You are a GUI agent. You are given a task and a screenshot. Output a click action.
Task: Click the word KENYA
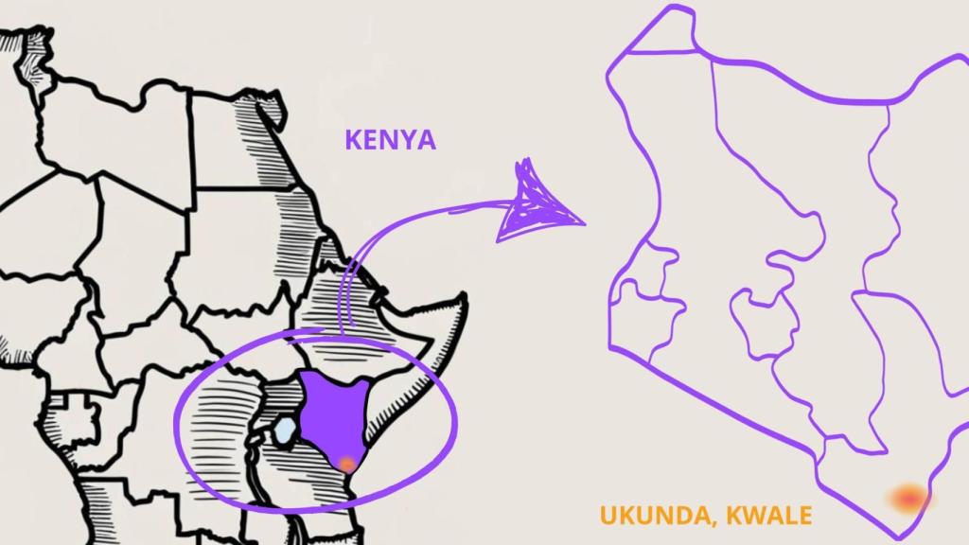point(390,140)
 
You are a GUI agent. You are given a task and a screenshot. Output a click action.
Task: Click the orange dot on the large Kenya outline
point(909,497)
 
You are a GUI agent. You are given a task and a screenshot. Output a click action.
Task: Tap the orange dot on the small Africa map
point(347,464)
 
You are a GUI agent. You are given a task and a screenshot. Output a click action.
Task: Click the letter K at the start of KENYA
point(352,140)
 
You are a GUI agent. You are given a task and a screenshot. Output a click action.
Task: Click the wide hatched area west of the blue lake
point(222,426)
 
